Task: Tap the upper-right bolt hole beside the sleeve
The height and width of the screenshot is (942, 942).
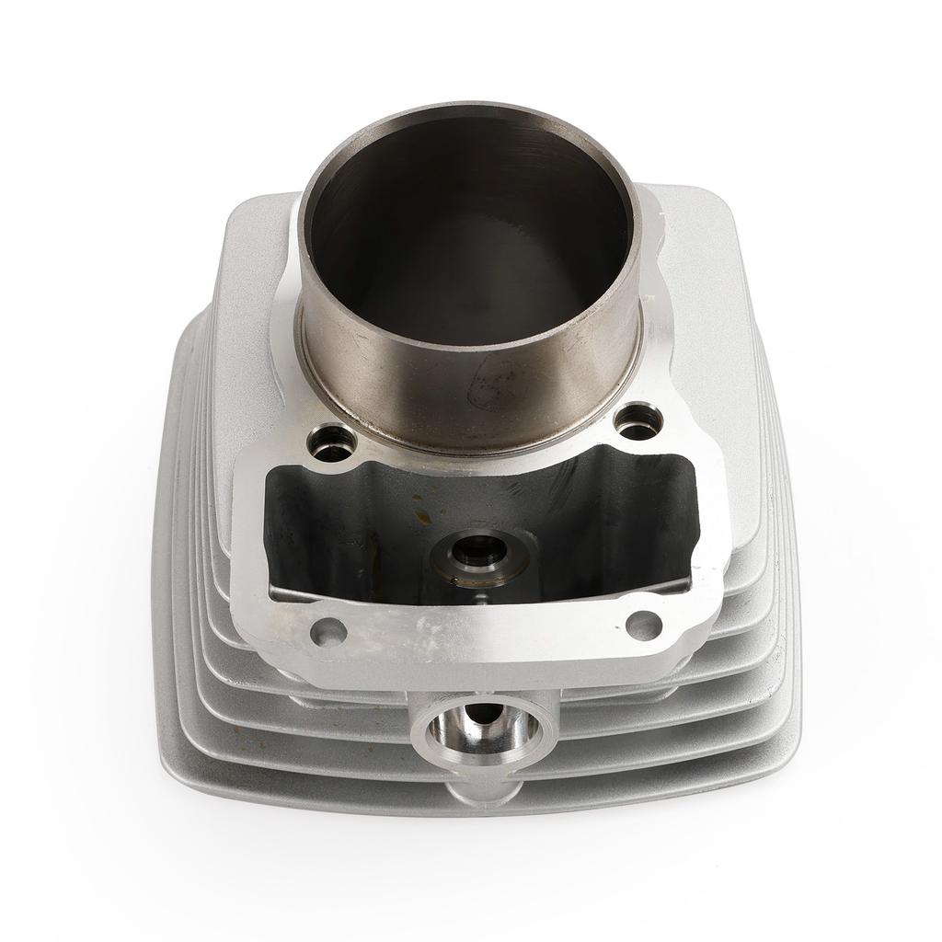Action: tap(638, 422)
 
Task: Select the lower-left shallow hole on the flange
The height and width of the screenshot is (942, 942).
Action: tap(328, 632)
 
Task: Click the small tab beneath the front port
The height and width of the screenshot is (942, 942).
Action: tap(480, 789)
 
